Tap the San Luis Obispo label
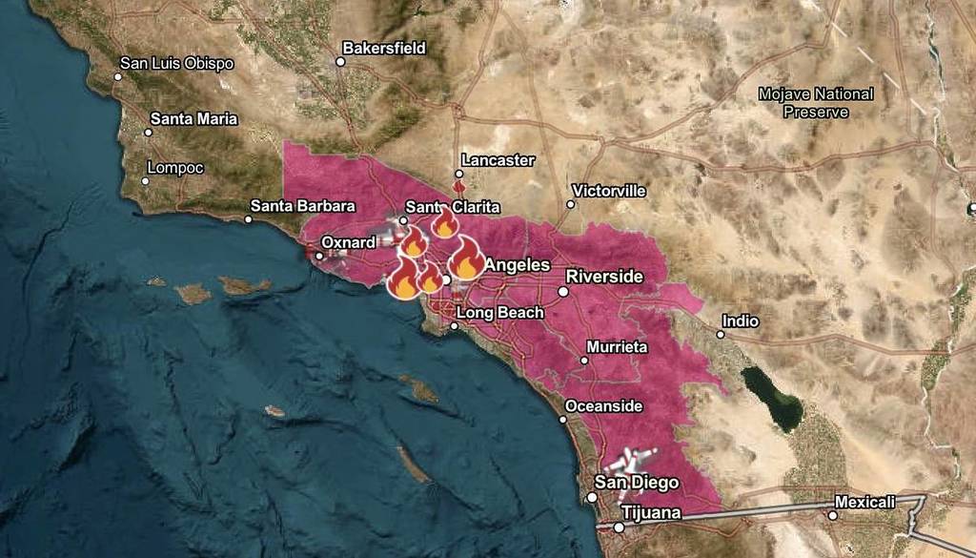tap(176, 63)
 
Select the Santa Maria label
tap(193, 119)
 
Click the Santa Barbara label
tap(302, 205)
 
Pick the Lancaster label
tap(498, 160)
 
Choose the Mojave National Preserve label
tap(815, 102)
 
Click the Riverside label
tap(604, 277)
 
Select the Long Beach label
tap(499, 313)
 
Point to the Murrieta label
tap(618, 347)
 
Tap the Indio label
tap(741, 321)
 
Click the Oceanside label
tap(604, 406)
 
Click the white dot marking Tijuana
tap(618, 527)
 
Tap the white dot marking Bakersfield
tap(339, 62)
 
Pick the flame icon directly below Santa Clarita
tap(444, 224)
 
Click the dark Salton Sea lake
tap(773, 397)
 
